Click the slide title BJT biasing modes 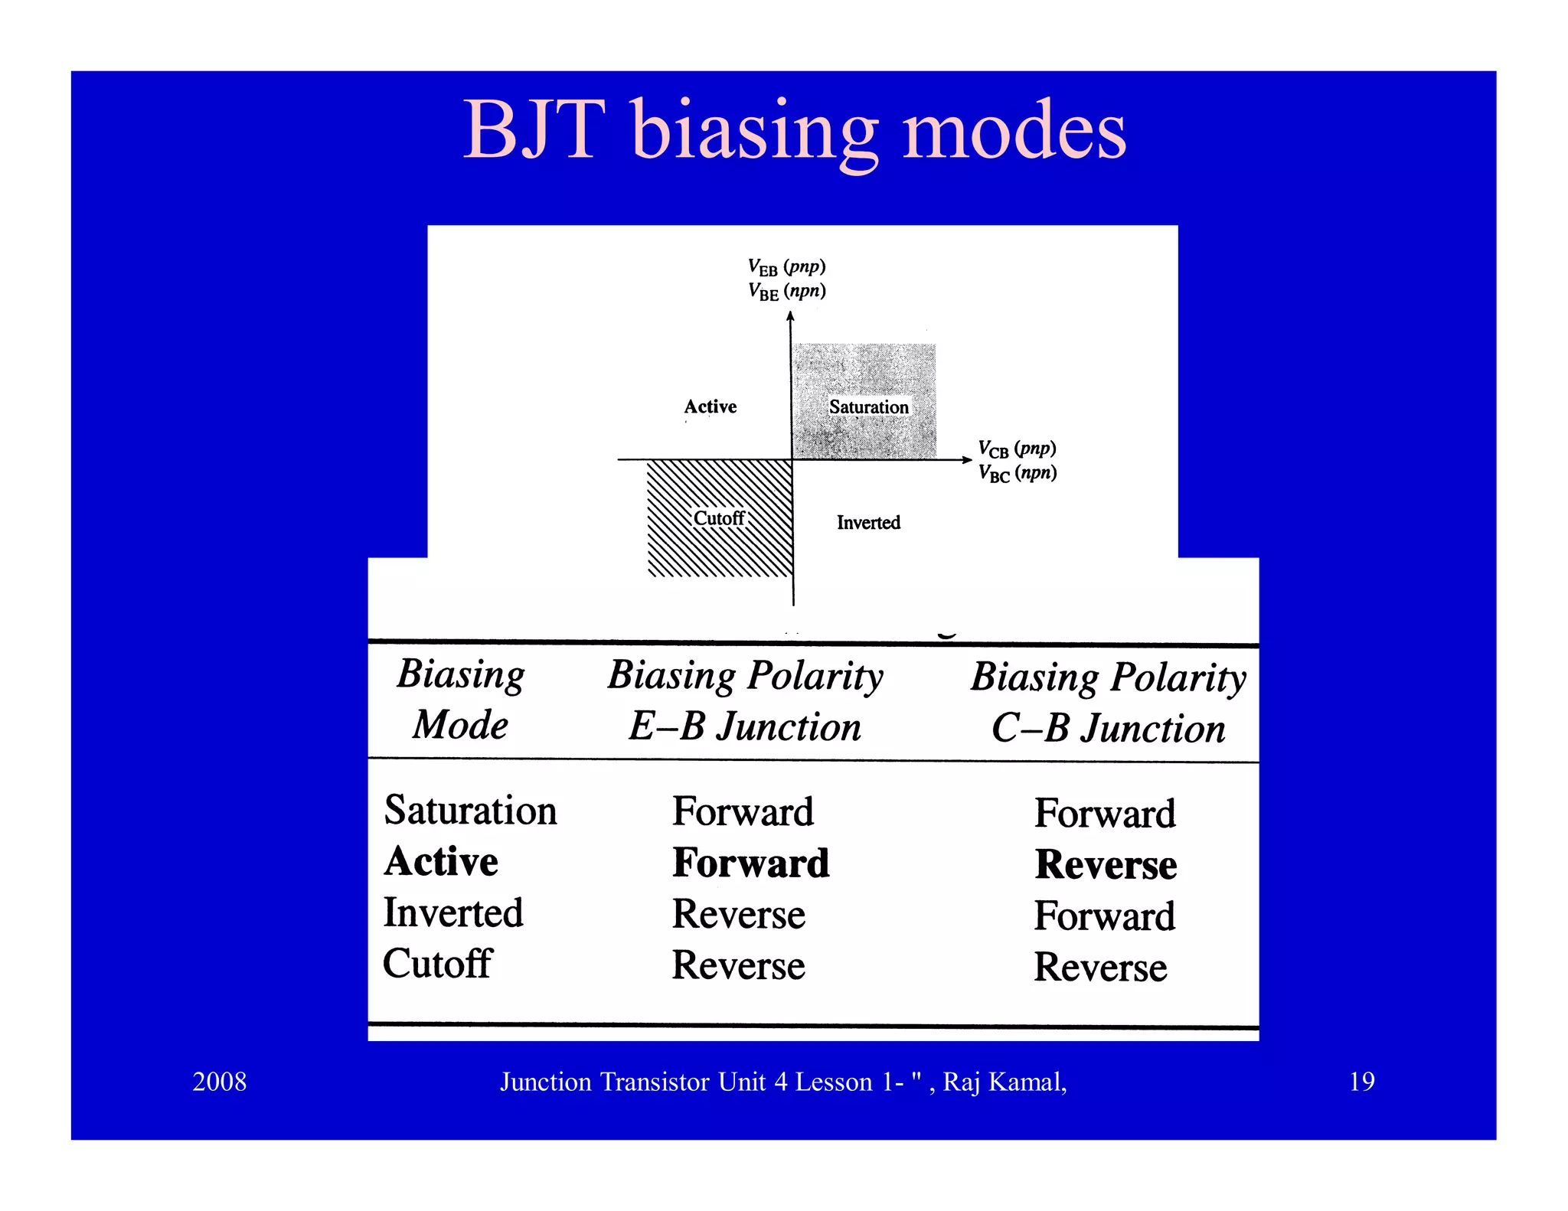(794, 130)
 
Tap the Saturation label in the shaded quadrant (868, 406)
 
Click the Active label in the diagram (710, 406)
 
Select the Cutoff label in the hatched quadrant (718, 518)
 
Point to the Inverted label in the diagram (868, 523)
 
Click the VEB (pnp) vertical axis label (786, 267)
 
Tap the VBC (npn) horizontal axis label (1017, 473)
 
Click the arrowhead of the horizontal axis (968, 459)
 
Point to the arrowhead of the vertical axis (791, 316)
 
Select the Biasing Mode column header (460, 699)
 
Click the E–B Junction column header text (744, 726)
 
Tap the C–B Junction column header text (1108, 728)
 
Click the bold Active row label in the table (442, 862)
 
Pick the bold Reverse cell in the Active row (1106, 865)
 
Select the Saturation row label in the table (470, 811)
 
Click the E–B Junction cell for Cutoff (738, 965)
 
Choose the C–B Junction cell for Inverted (1104, 916)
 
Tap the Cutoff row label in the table (437, 964)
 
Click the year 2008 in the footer (219, 1082)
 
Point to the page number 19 (1361, 1082)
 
